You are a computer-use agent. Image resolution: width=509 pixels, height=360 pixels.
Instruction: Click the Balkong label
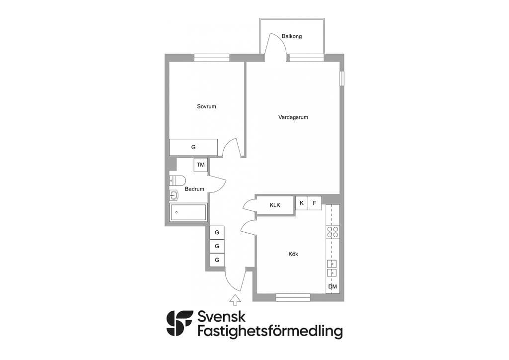(291, 36)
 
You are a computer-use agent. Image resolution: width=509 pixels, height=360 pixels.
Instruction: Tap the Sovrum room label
(206, 106)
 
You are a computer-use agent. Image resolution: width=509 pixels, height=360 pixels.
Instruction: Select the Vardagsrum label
(293, 117)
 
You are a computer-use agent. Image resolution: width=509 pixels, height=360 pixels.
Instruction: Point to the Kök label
(293, 254)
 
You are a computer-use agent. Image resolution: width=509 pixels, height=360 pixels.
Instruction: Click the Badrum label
(194, 189)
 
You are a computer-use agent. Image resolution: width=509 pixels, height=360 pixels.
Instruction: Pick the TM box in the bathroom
(201, 165)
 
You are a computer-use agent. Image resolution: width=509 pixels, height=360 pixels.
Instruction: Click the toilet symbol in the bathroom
(177, 180)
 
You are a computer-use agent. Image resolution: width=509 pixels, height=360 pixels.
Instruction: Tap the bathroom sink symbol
(174, 195)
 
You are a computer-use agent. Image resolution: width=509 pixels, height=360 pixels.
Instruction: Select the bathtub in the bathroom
(188, 212)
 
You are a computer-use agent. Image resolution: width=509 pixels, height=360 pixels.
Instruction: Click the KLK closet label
(274, 205)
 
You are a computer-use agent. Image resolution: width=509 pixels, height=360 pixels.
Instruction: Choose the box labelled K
(302, 203)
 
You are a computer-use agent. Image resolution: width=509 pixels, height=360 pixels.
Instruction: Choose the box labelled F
(315, 203)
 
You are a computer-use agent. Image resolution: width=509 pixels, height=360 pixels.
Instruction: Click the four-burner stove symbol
(333, 232)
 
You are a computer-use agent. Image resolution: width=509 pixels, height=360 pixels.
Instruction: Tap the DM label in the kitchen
(333, 286)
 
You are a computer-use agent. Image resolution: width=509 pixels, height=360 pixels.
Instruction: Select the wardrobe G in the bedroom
(193, 147)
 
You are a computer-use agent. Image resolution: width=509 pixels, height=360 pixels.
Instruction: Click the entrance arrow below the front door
(235, 300)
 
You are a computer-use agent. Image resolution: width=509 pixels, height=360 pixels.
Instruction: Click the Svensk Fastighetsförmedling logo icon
(179, 323)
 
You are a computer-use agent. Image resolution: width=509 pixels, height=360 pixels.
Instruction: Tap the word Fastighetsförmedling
(270, 332)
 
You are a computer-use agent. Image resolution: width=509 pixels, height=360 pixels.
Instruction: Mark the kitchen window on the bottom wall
(293, 297)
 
